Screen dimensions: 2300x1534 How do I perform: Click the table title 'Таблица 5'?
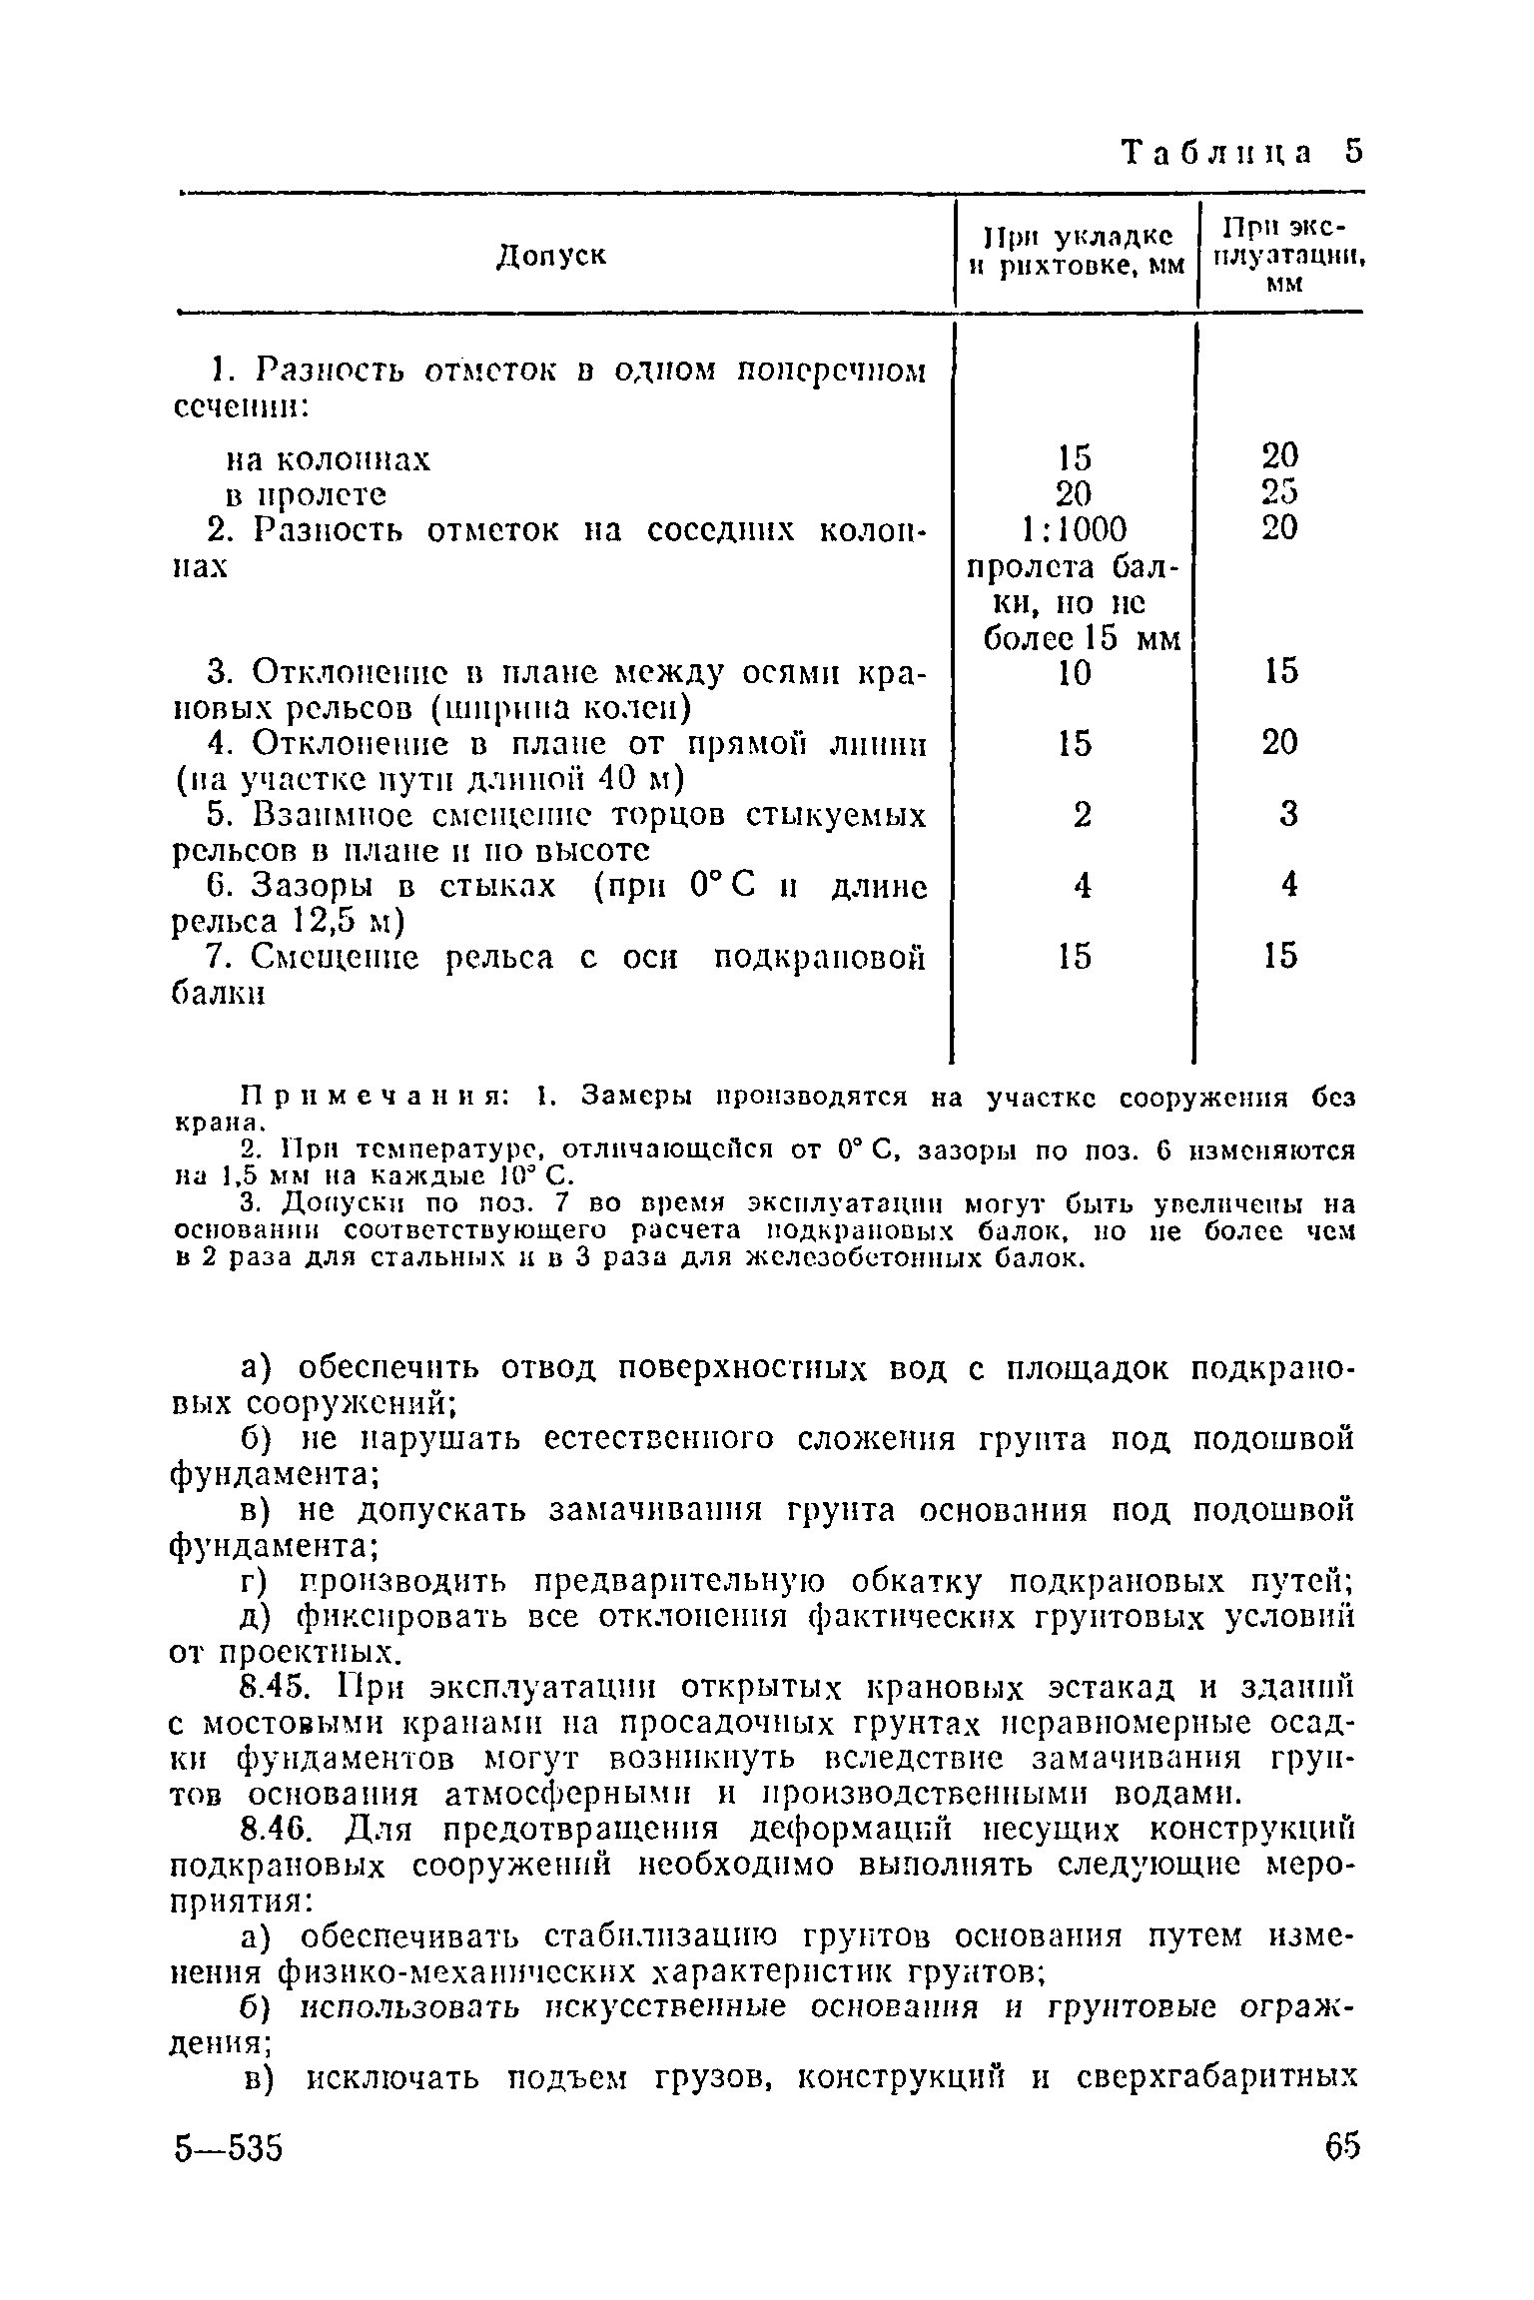[1241, 153]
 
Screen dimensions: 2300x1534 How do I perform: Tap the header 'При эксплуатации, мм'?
[1282, 254]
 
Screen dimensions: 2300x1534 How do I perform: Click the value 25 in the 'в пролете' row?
[1279, 493]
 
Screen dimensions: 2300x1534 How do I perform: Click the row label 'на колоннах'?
[329, 459]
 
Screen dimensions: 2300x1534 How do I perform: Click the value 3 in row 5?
[1288, 816]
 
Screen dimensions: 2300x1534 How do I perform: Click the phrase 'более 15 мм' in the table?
[1082, 637]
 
